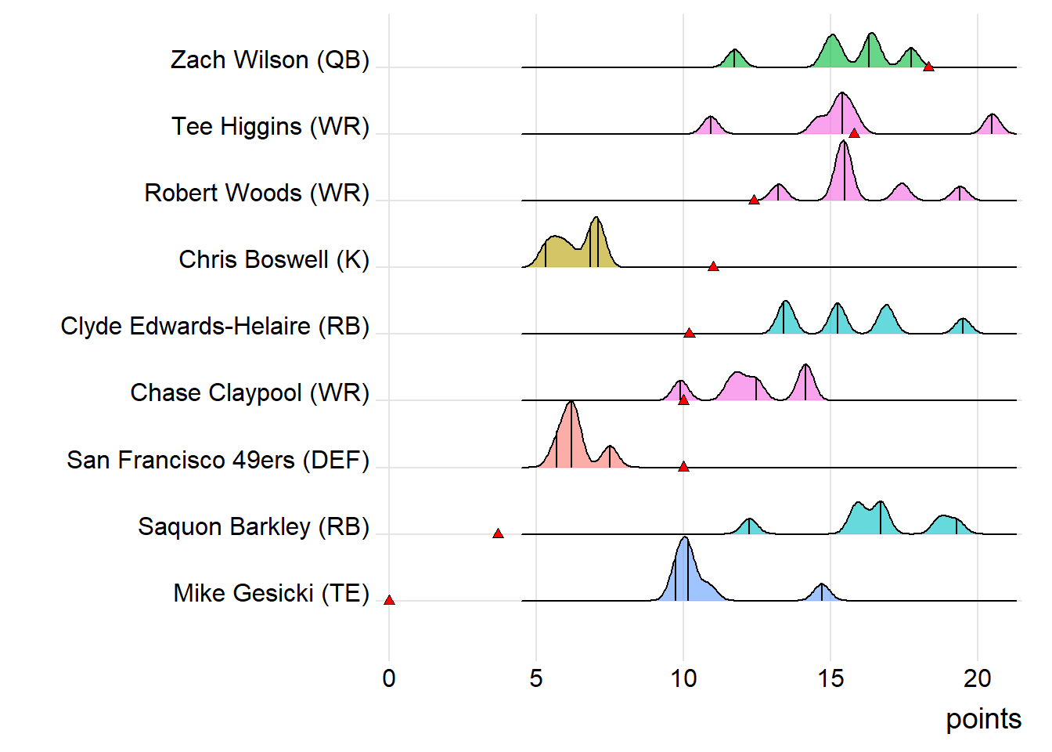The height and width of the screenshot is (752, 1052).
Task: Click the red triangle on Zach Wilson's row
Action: pyautogui.click(x=928, y=67)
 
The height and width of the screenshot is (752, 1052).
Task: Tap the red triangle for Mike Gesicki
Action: pyautogui.click(x=389, y=600)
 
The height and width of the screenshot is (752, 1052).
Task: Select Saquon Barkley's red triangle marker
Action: pyautogui.click(x=498, y=533)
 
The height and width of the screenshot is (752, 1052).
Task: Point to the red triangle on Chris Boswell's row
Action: pyautogui.click(x=713, y=266)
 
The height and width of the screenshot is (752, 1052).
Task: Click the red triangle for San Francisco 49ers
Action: pyautogui.click(x=683, y=466)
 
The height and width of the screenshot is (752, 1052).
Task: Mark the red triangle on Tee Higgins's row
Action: pyautogui.click(x=854, y=133)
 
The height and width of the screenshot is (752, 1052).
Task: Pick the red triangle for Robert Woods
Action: pyautogui.click(x=754, y=200)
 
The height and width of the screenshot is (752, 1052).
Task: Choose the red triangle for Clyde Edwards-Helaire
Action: pyautogui.click(x=689, y=333)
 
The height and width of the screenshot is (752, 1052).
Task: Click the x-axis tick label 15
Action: pyautogui.click(x=830, y=678)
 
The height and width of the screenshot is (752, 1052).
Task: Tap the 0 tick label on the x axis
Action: pyautogui.click(x=389, y=678)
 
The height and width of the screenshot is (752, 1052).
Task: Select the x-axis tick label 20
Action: pyautogui.click(x=978, y=678)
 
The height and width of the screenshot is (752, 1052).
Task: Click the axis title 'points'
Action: pyautogui.click(x=983, y=719)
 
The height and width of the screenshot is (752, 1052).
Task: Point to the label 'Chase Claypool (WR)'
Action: pyautogui.click(x=250, y=392)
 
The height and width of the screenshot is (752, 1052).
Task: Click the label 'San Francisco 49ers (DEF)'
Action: pyautogui.click(x=218, y=460)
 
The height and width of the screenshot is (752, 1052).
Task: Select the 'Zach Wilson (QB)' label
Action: pyautogui.click(x=270, y=60)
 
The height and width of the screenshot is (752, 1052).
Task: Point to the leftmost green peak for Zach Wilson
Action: pyautogui.click(x=734, y=58)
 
